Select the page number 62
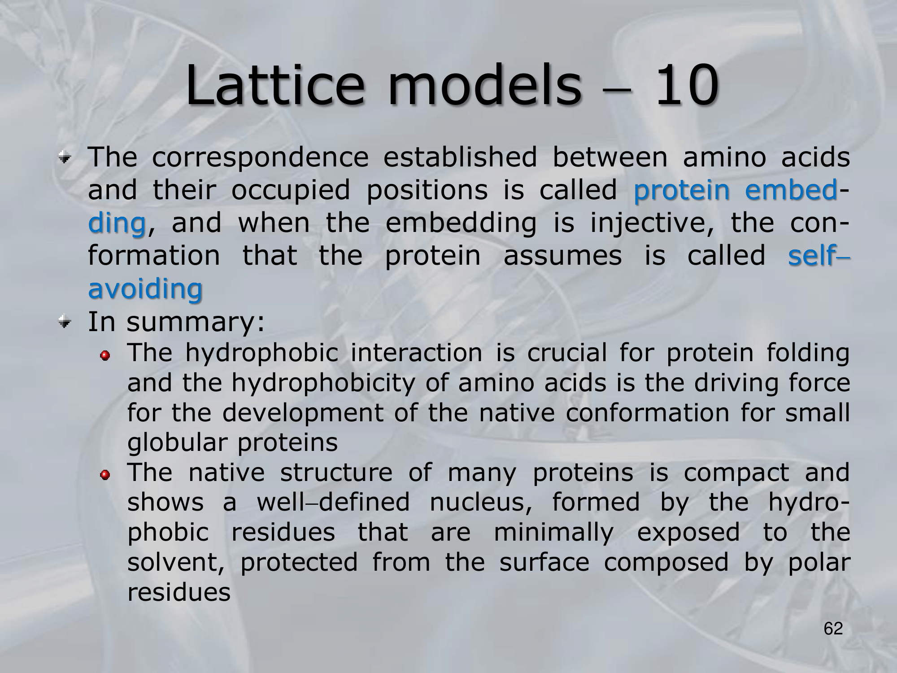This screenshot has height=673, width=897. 833,629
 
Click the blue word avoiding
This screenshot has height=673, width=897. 145,288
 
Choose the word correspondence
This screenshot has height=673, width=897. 260,158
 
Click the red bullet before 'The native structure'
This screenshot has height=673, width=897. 105,475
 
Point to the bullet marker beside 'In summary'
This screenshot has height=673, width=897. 66,321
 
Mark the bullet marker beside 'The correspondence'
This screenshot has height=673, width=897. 66,157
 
